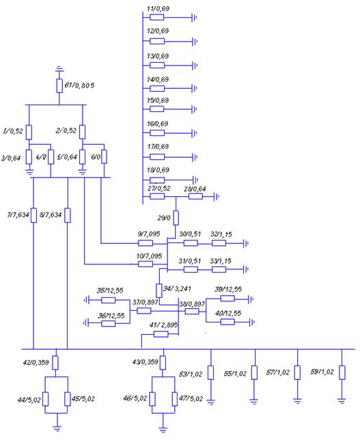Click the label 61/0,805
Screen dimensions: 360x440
pyautogui.click(x=79, y=85)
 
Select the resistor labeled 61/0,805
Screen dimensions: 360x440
pyautogui.click(x=59, y=85)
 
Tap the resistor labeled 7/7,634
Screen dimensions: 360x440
pyautogui.click(x=33, y=215)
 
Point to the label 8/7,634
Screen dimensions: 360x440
pyautogui.click(x=51, y=215)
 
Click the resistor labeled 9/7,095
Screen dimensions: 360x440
pyautogui.click(x=146, y=243)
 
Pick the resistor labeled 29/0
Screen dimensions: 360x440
pyautogui.click(x=176, y=218)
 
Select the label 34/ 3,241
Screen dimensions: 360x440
pyautogui.click(x=177, y=288)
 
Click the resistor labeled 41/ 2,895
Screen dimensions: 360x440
pyautogui.click(x=161, y=334)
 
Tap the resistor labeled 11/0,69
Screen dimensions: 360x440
pyautogui.click(x=157, y=17)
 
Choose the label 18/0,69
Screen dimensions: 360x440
pyautogui.click(x=158, y=170)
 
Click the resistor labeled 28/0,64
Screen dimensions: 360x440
pyautogui.click(x=195, y=196)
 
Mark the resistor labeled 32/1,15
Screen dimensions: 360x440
pyautogui.click(x=219, y=243)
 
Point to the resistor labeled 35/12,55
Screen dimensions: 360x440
pyautogui.click(x=109, y=300)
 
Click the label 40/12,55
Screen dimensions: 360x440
pyautogui.click(x=228, y=313)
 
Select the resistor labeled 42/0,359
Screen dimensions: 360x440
pyautogui.click(x=55, y=363)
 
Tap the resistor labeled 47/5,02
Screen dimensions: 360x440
pyautogui.click(x=174, y=399)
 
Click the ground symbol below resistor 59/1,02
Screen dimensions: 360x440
pyautogui.click(x=342, y=400)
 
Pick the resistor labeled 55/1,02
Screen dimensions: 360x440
pyautogui.click(x=254, y=372)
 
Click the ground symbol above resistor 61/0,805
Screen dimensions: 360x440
pyautogui.click(x=59, y=68)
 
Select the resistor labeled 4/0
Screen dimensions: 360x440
pyautogui.click(x=51, y=157)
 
